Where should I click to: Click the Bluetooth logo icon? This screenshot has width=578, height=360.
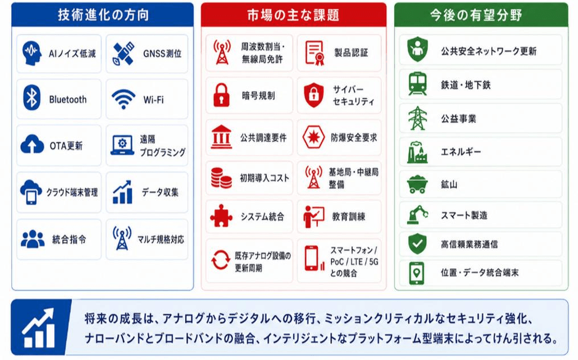click(x=32, y=98)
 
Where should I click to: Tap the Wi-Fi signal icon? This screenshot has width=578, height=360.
click(x=124, y=99)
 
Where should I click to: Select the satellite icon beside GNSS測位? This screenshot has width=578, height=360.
click(x=124, y=54)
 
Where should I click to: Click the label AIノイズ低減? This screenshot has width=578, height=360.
click(x=73, y=54)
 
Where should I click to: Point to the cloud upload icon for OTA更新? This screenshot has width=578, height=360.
click(x=32, y=144)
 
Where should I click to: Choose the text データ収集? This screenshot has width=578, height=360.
click(x=160, y=192)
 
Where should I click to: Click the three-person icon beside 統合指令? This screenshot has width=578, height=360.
click(x=33, y=239)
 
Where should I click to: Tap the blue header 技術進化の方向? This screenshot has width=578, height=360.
click(x=103, y=15)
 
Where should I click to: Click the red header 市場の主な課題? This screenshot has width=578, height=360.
click(x=293, y=15)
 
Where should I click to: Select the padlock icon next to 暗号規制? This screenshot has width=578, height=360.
click(x=221, y=95)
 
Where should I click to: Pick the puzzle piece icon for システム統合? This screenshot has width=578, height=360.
click(x=221, y=215)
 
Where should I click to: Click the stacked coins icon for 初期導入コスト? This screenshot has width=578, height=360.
click(x=221, y=178)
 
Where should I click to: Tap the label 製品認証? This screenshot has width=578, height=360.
click(x=351, y=53)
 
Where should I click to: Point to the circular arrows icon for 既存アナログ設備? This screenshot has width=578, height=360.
click(x=220, y=260)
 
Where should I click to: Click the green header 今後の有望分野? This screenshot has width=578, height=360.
click(x=476, y=15)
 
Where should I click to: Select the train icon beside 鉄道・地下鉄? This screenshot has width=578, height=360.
click(x=418, y=84)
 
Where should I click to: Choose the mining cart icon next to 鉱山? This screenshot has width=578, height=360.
click(x=418, y=184)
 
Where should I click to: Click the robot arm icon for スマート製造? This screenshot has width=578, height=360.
click(x=418, y=214)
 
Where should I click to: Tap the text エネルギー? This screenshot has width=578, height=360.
click(x=461, y=151)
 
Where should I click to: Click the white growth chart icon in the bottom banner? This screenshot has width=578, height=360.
click(x=39, y=328)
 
